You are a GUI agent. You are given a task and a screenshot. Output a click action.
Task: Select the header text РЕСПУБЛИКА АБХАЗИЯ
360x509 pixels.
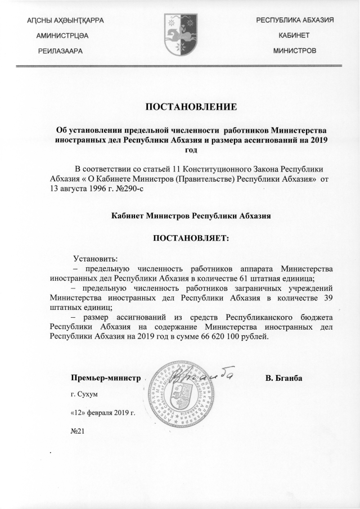(295, 20)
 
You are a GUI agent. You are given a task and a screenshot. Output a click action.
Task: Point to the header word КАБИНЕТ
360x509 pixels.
(295, 35)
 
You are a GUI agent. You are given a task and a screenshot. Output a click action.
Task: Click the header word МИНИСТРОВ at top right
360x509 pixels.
(295, 51)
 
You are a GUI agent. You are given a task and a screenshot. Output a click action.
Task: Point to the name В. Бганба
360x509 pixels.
(284, 377)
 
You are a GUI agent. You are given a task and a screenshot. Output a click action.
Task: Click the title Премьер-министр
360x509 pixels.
(105, 377)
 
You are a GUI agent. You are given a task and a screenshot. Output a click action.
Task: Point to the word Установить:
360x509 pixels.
(96, 259)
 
